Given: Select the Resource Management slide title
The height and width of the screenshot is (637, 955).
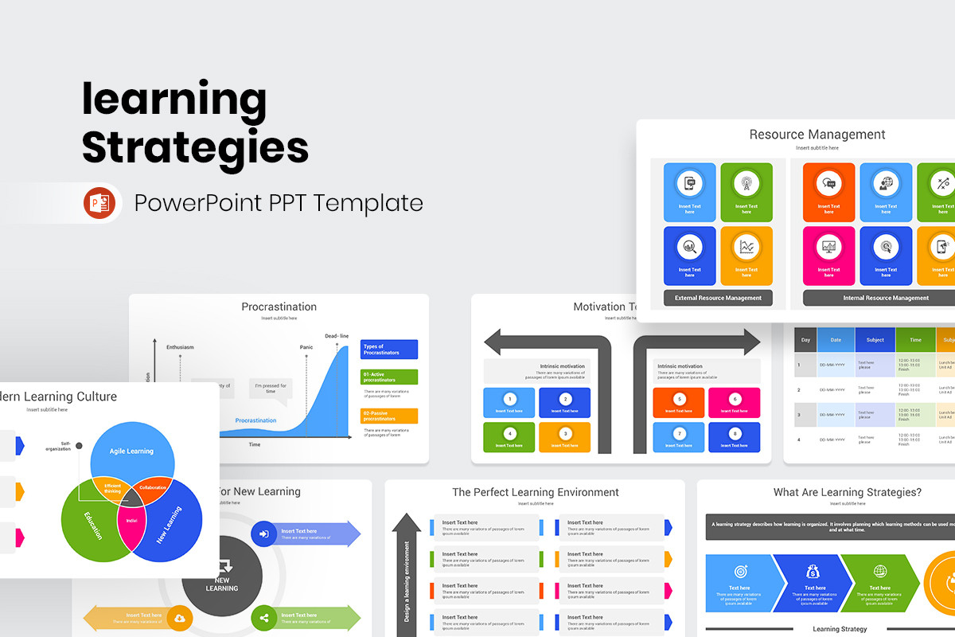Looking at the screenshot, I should click(817, 135).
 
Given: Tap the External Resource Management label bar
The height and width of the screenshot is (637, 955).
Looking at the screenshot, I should click(718, 298).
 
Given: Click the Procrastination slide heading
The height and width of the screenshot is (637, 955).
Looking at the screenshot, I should click(279, 307).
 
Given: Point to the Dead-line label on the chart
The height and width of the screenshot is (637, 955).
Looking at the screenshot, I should click(337, 336).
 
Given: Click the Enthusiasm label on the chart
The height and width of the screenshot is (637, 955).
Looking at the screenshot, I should click(180, 347).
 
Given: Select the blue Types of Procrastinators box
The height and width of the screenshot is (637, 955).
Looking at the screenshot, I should click(388, 350).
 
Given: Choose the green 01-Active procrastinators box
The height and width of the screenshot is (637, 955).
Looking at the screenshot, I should click(388, 377).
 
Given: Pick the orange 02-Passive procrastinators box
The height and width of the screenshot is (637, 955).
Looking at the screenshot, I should click(388, 416).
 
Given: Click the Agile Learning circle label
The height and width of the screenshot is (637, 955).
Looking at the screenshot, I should click(131, 451).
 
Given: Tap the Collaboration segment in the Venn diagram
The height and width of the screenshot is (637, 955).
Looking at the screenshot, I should click(153, 487).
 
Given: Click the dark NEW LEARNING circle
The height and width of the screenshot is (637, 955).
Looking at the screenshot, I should click(222, 576).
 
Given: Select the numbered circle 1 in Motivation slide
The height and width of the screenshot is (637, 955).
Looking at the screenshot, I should click(509, 399).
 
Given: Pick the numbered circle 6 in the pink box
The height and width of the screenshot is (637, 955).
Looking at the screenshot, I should click(735, 399).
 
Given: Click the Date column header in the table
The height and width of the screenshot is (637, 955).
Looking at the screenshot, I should click(836, 340).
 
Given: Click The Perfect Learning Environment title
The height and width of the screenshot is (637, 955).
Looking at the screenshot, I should click(535, 492).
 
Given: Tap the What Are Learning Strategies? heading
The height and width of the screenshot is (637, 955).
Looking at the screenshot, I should click(847, 492).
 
